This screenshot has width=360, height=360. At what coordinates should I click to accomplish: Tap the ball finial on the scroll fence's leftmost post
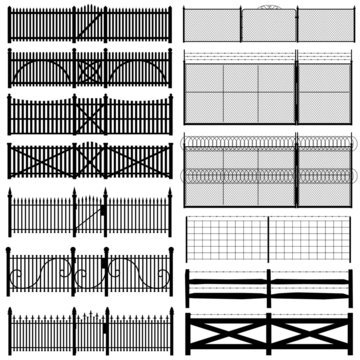tap(10, 251)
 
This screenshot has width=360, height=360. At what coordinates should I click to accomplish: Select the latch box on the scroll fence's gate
tap(89, 271)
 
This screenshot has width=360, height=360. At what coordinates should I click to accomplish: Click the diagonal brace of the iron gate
tap(91, 215)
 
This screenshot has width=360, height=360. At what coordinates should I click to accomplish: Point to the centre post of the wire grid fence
tap(268, 240)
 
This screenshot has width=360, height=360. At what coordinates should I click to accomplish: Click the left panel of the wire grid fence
tap(227, 241)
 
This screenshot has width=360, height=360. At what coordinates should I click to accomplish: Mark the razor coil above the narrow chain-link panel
tap(326, 144)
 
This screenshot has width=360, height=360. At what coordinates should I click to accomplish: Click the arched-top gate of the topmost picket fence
tap(90, 23)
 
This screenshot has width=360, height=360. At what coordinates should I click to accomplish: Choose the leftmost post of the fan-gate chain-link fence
tap(185, 24)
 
